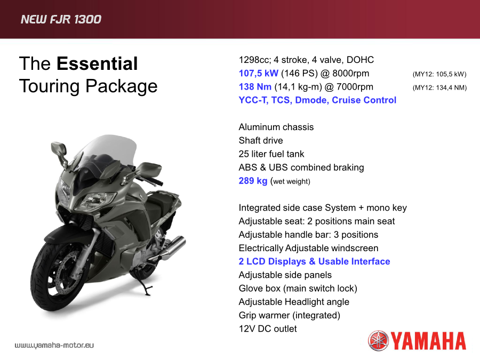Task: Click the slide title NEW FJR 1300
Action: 61,19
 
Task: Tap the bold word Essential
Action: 97,63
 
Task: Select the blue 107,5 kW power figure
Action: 258,74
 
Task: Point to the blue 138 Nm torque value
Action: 255,86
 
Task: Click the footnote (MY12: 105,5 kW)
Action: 439,74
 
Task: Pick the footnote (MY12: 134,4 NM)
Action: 439,88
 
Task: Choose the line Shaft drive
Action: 261,140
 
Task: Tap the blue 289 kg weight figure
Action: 253,181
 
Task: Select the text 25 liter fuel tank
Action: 271,154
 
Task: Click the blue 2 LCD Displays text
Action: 273,261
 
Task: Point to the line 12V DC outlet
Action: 268,329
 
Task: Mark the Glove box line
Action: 298,289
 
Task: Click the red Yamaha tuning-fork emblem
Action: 378,341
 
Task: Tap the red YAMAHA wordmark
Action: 428,341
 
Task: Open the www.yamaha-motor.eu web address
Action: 54,345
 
